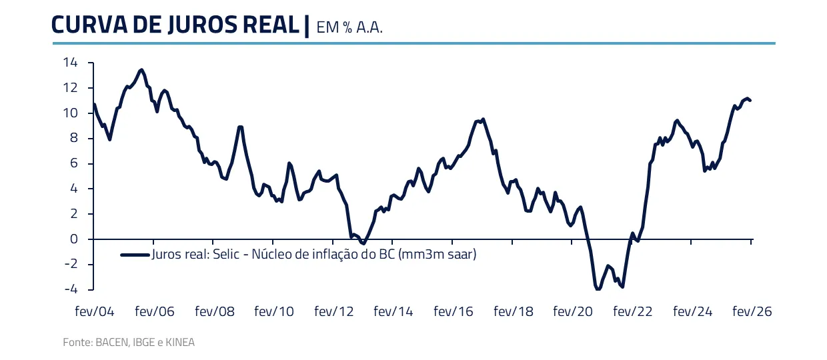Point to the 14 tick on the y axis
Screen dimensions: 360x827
click(70, 63)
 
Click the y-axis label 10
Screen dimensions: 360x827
click(70, 113)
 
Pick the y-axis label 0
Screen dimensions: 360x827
click(73, 239)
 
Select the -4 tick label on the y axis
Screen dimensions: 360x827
click(70, 289)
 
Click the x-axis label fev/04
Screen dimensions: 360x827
click(95, 311)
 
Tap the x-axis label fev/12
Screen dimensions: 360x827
click(334, 311)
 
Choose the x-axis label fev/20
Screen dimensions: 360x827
click(573, 311)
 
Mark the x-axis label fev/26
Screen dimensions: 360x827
click(752, 311)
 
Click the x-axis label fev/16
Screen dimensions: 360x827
click(454, 311)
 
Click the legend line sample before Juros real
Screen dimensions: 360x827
click(135, 254)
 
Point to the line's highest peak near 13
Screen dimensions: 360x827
click(141, 69)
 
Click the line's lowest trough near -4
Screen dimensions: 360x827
click(598, 289)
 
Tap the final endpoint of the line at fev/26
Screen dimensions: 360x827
click(750, 100)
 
